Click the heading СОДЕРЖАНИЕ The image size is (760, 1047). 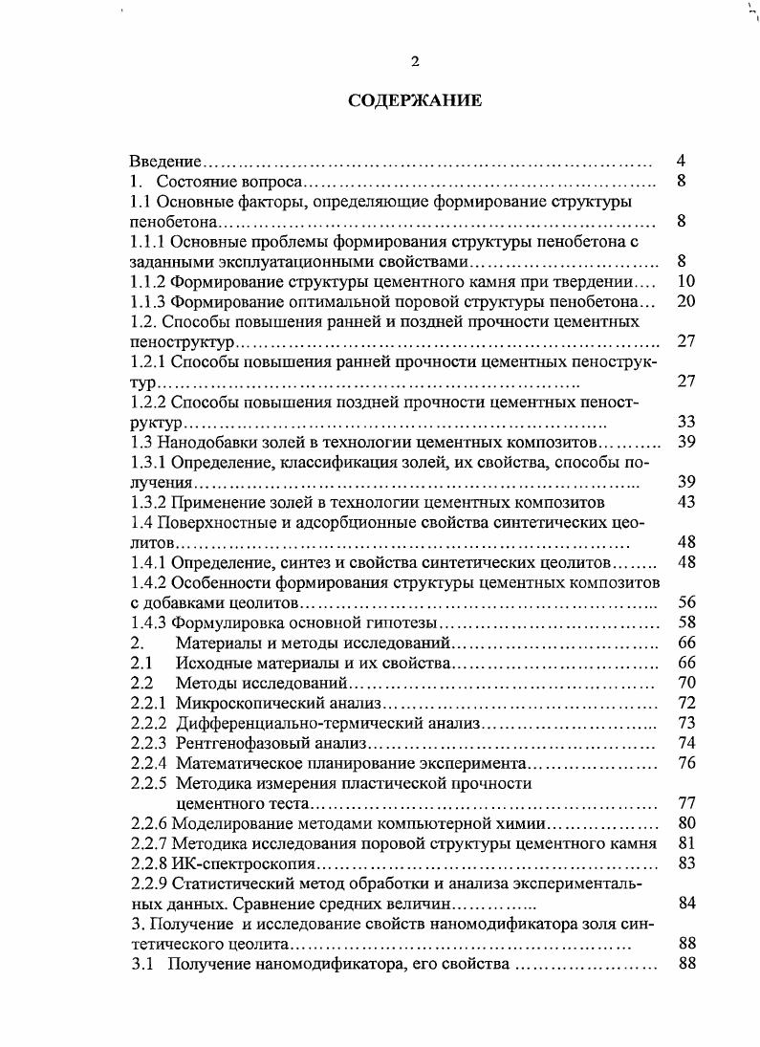415,100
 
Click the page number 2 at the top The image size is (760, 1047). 415,62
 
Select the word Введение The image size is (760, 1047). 165,162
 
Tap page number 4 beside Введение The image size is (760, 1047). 681,161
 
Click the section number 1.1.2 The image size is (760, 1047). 149,281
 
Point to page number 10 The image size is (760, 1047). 684,281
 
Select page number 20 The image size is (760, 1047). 684,301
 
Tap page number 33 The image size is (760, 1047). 684,422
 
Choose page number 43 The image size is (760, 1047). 684,502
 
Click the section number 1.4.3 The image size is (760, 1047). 149,622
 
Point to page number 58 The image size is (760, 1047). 684,622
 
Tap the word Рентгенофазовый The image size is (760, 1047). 237,743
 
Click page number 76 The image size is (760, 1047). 684,762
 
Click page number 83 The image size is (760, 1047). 684,863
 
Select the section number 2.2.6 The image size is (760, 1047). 149,823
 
